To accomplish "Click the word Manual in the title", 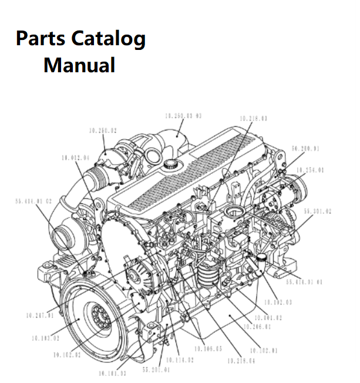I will tap(79, 65).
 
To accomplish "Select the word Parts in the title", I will tap(41, 39).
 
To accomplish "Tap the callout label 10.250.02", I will tap(103, 131).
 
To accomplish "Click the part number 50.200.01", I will tap(305, 149).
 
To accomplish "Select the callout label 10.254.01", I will tap(310, 170).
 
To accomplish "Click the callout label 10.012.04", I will tap(75, 158).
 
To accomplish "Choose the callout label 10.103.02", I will tap(45, 338).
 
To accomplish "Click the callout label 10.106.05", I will tap(209, 348).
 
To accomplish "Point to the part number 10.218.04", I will tap(241, 360).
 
